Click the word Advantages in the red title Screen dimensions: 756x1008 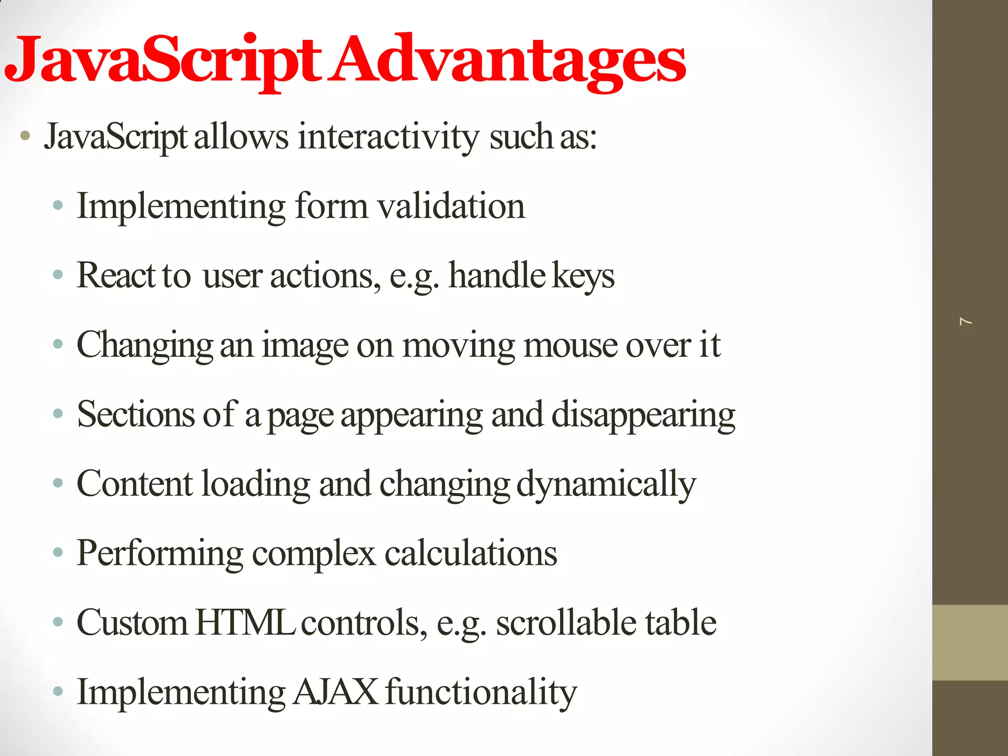[x=507, y=62]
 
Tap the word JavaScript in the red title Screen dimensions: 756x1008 [x=162, y=62]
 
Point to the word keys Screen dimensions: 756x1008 [x=583, y=276]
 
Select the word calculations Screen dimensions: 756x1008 [x=471, y=553]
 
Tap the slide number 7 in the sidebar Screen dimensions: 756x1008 [x=966, y=321]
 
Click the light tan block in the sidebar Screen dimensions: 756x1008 [x=970, y=642]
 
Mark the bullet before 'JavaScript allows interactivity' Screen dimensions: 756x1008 [x=26, y=136]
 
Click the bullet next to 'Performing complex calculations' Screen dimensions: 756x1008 [x=58, y=553]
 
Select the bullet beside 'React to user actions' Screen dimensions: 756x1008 [x=58, y=275]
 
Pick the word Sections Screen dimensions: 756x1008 [x=136, y=414]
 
